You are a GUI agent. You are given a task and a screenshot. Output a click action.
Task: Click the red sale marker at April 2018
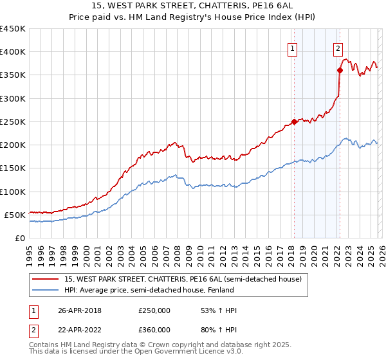click(294, 122)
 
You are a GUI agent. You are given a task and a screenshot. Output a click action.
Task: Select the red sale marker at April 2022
click(339, 71)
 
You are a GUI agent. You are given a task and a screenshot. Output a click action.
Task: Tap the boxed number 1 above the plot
click(293, 47)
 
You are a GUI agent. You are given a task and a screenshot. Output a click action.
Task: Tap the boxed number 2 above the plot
click(338, 47)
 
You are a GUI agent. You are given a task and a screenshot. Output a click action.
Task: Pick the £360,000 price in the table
click(154, 330)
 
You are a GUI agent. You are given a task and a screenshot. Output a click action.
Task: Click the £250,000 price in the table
click(154, 311)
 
